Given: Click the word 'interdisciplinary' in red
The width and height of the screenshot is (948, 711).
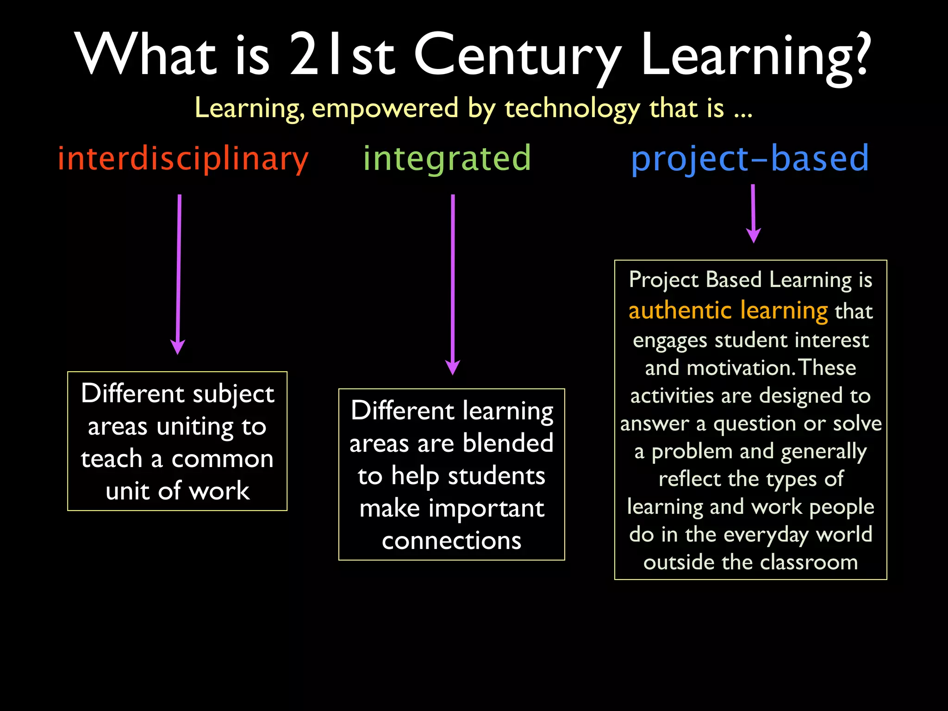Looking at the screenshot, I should [183, 159].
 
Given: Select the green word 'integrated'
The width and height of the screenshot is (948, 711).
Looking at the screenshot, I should [447, 159].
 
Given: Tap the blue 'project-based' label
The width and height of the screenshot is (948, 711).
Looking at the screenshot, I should [750, 159].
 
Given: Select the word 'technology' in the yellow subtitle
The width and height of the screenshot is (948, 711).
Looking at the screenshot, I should [572, 108].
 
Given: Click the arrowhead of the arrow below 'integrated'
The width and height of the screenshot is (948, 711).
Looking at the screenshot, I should [452, 368].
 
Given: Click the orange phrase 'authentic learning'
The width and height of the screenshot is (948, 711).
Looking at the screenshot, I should [728, 311].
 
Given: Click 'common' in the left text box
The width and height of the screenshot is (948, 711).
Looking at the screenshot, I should [222, 459].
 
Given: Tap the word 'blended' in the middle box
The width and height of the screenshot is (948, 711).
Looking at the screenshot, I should [508, 443].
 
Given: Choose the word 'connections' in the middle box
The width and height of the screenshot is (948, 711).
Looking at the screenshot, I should [451, 541].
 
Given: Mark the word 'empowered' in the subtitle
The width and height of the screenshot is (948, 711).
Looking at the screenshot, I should [385, 108].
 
